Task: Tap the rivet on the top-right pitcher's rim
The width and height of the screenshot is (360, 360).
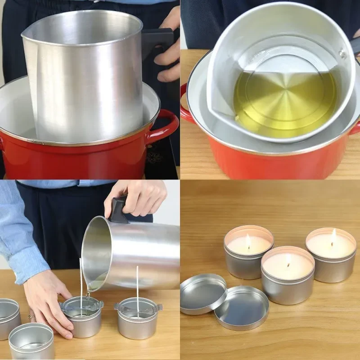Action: point(343,55)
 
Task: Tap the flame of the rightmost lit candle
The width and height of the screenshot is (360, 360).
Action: point(333,237)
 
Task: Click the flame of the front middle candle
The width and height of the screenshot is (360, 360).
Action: point(288,260)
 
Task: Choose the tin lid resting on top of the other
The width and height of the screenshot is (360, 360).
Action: point(202,292)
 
